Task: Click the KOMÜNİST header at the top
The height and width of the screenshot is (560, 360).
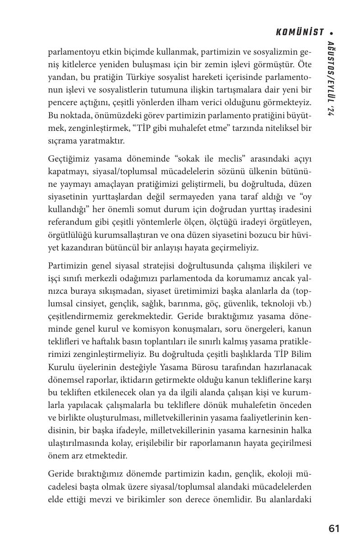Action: [x=300, y=32]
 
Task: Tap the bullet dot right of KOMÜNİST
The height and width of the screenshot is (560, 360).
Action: [x=332, y=33]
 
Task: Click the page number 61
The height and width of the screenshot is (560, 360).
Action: [x=334, y=529]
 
